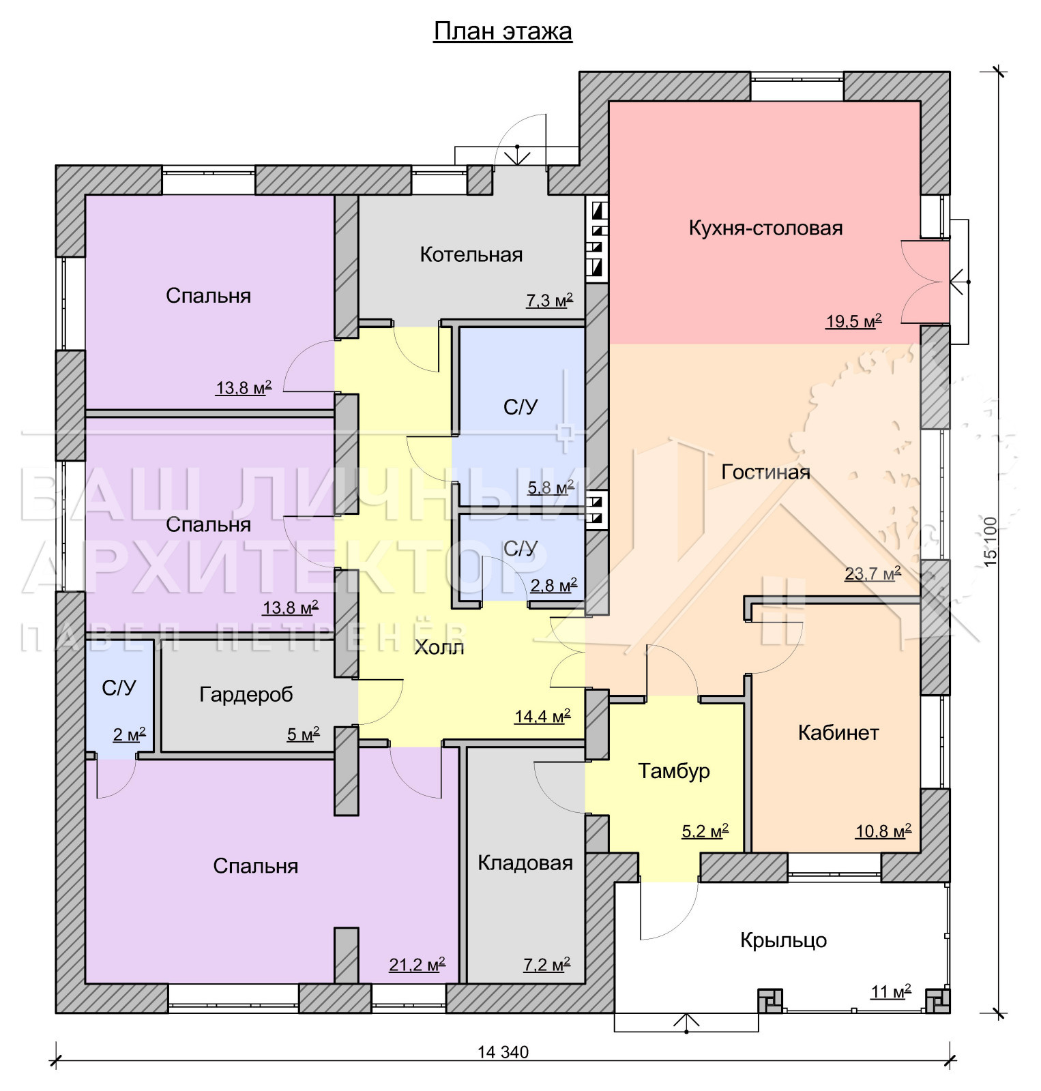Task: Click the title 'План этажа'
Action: [x=503, y=31]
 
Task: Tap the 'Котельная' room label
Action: [x=471, y=254]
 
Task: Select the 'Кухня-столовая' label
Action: [x=765, y=228]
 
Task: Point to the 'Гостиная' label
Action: [x=765, y=472]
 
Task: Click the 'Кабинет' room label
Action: [x=838, y=732]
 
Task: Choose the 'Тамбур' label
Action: [x=674, y=771]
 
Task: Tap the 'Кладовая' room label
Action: [x=525, y=863]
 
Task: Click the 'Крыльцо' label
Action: [x=783, y=940]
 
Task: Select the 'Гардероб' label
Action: [x=246, y=695]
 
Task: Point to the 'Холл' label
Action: [x=439, y=647]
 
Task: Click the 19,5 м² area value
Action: [x=854, y=321]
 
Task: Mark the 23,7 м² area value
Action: [x=873, y=573]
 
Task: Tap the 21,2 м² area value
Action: [x=417, y=964]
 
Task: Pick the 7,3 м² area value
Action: [x=549, y=300]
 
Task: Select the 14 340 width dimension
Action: [x=503, y=1052]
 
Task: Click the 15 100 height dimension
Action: [x=991, y=539]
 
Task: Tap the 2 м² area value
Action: [x=129, y=734]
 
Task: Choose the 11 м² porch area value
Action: [x=891, y=991]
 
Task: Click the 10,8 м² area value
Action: [x=883, y=831]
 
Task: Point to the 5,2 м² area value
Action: [x=705, y=831]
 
